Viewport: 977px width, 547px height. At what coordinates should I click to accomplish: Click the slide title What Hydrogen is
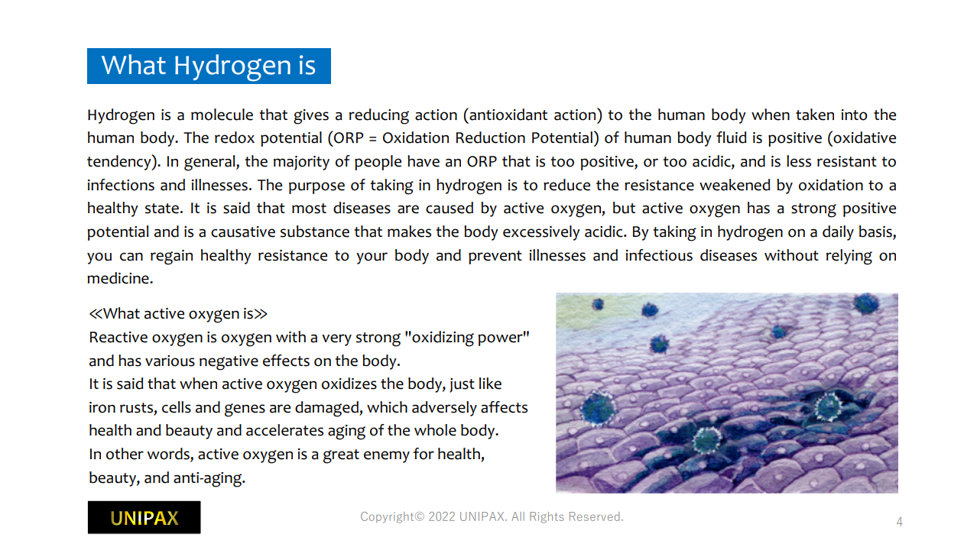point(209,66)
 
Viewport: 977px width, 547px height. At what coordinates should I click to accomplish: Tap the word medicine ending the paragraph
point(120,279)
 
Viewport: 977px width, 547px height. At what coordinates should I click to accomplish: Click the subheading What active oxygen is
point(178,314)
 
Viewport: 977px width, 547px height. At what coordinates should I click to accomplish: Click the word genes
point(245,408)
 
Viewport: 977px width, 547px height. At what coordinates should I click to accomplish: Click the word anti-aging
point(209,478)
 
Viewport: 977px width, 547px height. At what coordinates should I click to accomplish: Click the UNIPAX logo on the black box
point(144,518)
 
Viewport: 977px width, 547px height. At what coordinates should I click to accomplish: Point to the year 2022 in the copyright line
point(442,517)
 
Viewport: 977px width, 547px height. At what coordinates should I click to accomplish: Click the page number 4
point(899,522)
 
